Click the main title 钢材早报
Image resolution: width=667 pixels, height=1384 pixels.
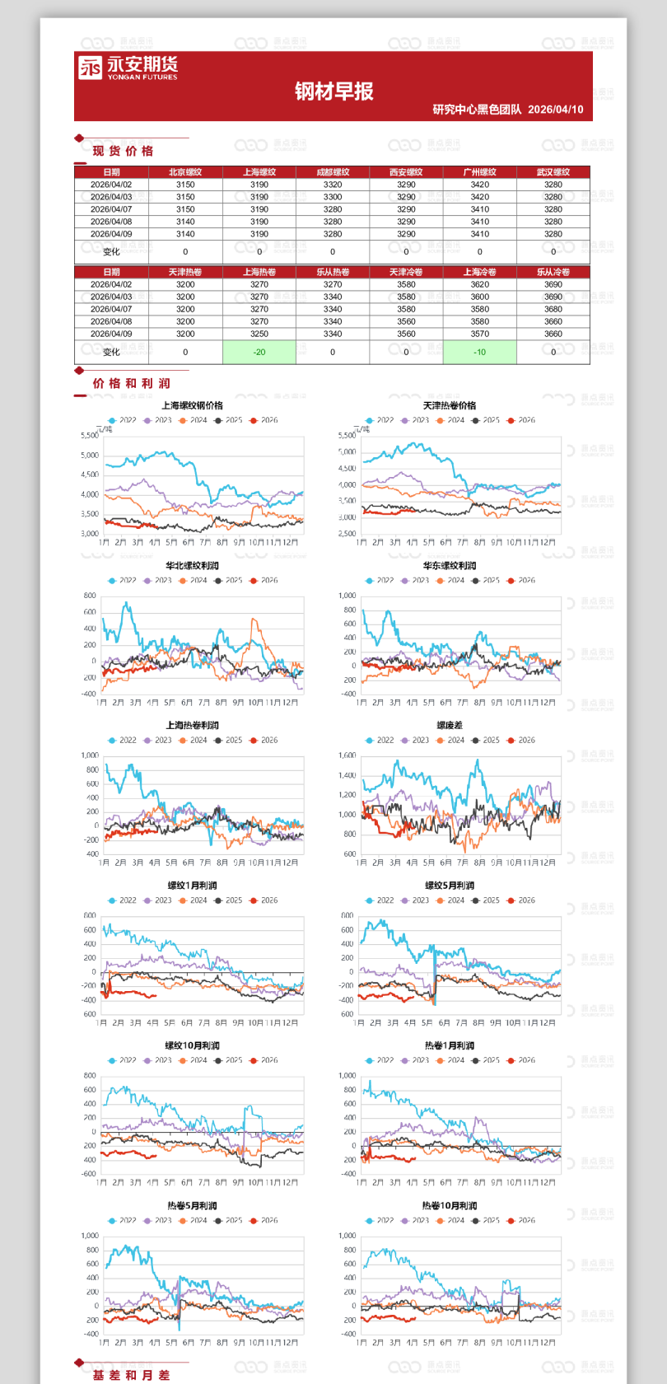333,91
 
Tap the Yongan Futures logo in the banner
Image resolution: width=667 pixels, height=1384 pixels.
128,68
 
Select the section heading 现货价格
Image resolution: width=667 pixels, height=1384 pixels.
123,151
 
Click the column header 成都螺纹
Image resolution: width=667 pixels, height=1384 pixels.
333,172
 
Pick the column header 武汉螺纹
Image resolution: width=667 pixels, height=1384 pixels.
553,172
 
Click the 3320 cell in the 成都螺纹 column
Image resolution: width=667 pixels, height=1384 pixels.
333,185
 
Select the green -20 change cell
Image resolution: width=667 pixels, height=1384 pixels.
259,352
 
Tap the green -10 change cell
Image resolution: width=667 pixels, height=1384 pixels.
479,352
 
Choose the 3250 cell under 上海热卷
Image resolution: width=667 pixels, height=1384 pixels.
259,334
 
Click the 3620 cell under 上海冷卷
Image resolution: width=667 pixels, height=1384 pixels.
479,284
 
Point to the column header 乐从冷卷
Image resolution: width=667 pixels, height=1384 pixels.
553,272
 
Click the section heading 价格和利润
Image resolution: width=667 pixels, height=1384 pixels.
131,383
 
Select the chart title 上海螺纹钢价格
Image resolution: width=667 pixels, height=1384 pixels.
192,405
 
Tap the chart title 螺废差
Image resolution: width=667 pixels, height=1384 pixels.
449,726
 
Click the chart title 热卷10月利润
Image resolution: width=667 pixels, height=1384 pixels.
449,1205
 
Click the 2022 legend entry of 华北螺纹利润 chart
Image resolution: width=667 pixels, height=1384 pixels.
122,580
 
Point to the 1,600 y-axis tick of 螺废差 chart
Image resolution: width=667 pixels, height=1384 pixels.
347,755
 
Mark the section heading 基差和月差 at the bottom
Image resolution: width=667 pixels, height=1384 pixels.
131,1375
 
